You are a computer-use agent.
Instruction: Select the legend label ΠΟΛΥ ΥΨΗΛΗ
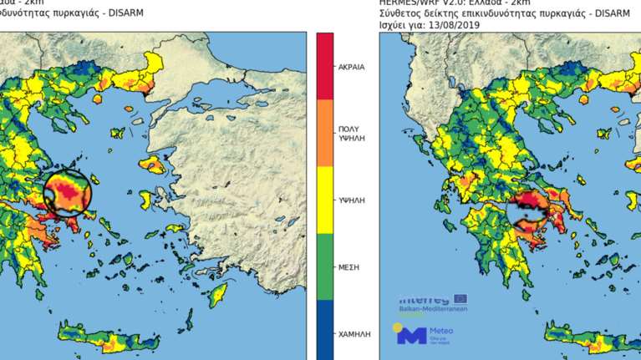[349, 136]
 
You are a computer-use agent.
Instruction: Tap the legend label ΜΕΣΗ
[349, 266]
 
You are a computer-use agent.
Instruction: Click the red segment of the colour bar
[324, 66]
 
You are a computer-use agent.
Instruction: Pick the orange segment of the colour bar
[324, 134]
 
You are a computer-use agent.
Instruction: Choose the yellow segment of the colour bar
[324, 200]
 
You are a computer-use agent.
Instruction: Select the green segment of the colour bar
[324, 266]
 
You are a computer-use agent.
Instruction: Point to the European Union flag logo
[460, 298]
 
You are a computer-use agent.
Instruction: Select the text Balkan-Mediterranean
[433, 309]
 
